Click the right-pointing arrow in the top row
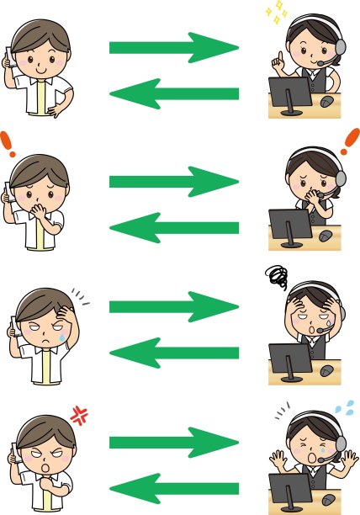(x=172, y=48)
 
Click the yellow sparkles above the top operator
(x=276, y=13)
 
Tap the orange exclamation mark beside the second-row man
(x=8, y=145)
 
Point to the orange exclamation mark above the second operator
(x=349, y=142)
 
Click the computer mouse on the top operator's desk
(x=326, y=103)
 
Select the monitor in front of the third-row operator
(x=288, y=360)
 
